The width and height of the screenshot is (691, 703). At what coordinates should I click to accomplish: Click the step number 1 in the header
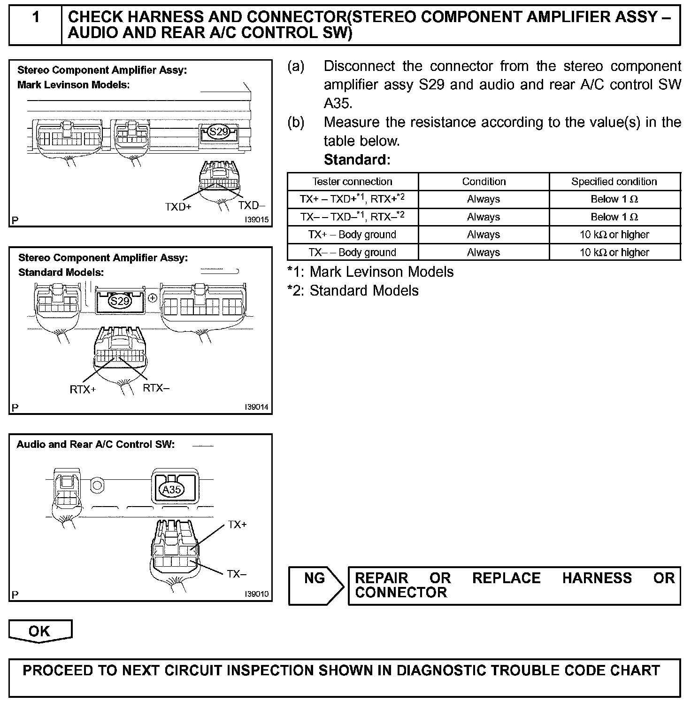[36, 18]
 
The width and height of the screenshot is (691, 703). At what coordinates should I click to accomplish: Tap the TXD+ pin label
[178, 207]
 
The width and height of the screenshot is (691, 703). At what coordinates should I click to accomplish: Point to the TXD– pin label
[252, 205]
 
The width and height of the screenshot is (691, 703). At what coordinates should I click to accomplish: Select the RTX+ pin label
[83, 390]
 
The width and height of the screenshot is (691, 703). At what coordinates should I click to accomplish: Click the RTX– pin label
[156, 388]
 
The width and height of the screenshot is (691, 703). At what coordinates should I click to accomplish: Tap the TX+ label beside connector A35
[238, 524]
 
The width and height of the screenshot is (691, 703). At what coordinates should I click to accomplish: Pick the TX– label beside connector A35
[237, 574]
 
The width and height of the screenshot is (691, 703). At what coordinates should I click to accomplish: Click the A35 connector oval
[171, 490]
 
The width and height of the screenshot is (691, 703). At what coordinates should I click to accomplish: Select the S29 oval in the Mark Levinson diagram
[219, 132]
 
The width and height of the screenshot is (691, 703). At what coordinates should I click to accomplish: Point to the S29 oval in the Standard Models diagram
[119, 301]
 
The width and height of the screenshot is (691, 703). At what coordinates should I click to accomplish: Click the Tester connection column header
[352, 182]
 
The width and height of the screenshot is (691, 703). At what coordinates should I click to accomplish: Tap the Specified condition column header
[614, 182]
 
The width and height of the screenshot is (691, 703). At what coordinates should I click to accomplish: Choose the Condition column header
[484, 182]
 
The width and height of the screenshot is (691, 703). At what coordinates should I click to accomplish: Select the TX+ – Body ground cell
[352, 234]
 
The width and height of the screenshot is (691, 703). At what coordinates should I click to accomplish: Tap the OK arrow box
[40, 631]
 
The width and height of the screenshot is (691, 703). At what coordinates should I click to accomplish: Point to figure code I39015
[256, 220]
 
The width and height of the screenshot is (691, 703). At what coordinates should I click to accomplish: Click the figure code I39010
[256, 594]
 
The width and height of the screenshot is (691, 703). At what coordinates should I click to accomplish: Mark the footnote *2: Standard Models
[353, 290]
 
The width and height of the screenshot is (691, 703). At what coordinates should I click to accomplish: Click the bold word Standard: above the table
[357, 160]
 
